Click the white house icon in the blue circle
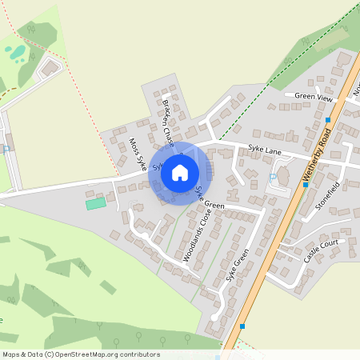[180, 173]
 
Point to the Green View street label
[313, 97]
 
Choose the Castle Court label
[322, 250]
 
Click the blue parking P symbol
[273, 176]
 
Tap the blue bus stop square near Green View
[328, 120]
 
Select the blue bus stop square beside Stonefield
[305, 185]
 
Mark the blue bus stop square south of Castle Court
[242, 326]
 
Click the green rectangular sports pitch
[95, 203]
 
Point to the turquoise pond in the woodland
[15, 53]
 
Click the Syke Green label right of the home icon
[210, 199]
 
